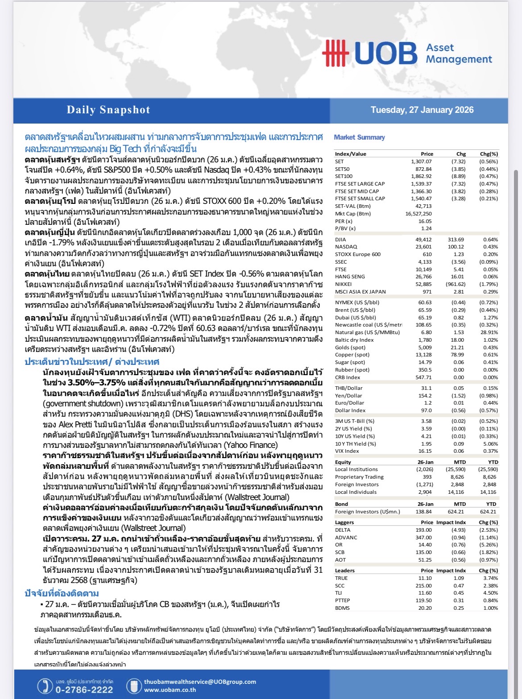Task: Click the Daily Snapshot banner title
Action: point(108,110)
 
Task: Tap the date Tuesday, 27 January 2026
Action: point(422,110)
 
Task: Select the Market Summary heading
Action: point(359,137)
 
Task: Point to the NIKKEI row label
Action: point(343,284)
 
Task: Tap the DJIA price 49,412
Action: point(423,240)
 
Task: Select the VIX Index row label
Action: point(347,451)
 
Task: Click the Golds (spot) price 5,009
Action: point(424,347)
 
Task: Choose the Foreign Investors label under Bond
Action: point(367,512)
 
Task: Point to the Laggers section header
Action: point(344,522)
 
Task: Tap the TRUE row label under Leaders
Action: point(341,578)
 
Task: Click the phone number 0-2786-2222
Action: point(84,690)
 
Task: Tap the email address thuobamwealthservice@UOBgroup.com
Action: point(200,682)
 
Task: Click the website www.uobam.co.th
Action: point(170,690)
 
